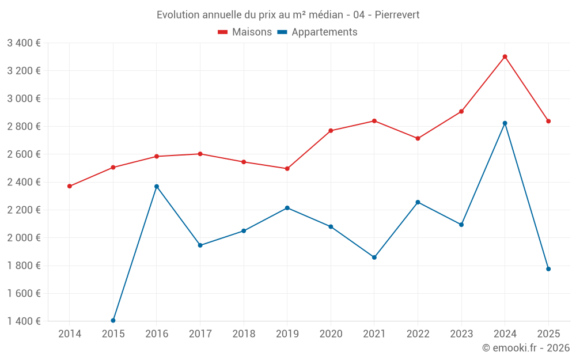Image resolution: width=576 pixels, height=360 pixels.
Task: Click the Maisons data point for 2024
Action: pos(505,56)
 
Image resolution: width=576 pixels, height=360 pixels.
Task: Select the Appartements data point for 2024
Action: pos(505,123)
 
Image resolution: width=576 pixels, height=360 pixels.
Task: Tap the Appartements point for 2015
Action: pos(113,320)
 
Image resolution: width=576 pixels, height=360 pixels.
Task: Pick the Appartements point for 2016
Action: pos(157,187)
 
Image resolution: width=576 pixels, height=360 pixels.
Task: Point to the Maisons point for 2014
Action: pos(70,186)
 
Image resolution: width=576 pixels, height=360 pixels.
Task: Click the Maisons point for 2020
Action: pos(331,131)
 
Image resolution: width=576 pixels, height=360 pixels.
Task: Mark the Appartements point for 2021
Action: pos(374,257)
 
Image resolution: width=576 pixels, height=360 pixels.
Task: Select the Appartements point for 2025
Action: pos(548,269)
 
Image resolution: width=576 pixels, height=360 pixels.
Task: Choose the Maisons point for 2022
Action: pos(418,138)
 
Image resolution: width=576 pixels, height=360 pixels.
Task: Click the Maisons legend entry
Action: pos(245,32)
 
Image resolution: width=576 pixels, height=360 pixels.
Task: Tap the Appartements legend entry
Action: pos(317,32)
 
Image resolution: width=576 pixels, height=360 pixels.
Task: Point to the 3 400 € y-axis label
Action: pos(24,43)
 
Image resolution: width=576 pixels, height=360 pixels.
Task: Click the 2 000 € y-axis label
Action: pos(24,238)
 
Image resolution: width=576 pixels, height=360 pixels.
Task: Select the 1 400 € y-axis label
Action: pos(24,321)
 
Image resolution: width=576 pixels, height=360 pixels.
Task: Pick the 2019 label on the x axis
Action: pos(287,334)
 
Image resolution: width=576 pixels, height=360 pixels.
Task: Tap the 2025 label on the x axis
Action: pos(548,334)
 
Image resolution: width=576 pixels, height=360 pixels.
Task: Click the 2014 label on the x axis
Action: pos(70,334)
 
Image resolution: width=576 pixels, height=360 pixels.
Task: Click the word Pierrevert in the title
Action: pos(397,14)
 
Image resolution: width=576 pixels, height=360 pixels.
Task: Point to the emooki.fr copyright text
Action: pos(526,348)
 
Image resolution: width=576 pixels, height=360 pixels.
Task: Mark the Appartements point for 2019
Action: pos(287,208)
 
